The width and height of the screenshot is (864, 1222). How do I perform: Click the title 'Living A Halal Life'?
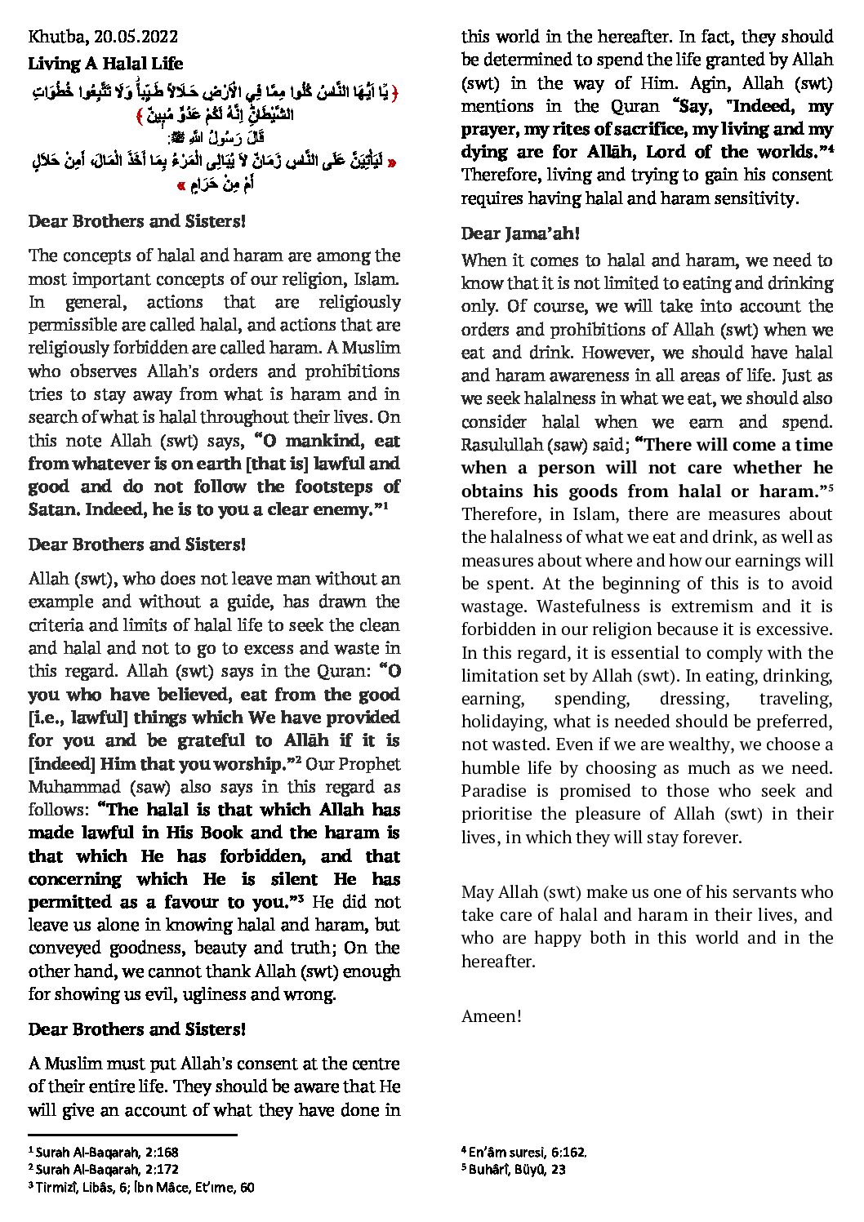coord(105,64)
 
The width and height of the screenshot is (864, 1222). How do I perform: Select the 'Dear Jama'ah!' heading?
coord(520,234)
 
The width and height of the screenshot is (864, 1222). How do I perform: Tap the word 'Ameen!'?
coord(491,1016)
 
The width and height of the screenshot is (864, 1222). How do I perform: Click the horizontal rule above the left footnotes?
coord(132,1135)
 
